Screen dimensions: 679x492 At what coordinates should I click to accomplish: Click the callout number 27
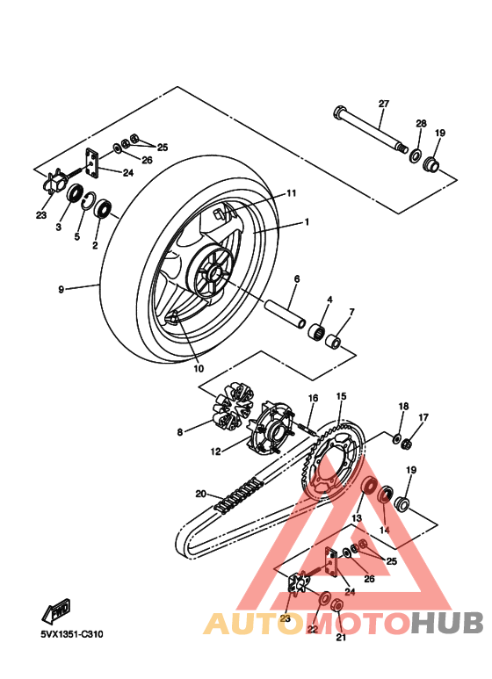[x=383, y=104]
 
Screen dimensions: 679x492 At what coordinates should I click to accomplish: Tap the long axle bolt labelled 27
[x=369, y=129]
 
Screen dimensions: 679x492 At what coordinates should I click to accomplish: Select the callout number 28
[x=420, y=123]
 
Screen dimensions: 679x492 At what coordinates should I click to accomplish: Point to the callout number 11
[x=291, y=193]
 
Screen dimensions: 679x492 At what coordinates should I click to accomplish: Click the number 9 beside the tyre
[x=61, y=288]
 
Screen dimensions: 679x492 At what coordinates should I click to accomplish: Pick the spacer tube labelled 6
[x=286, y=313]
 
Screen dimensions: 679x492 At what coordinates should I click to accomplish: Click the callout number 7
[x=351, y=312]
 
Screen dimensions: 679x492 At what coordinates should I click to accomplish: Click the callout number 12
[x=215, y=452]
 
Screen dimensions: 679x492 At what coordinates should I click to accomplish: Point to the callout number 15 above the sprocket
[x=341, y=396]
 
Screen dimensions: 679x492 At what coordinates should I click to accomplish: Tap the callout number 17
[x=423, y=417]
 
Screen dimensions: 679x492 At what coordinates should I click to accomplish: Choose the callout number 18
[x=403, y=407]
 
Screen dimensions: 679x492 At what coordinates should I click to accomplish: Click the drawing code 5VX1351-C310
[x=71, y=633]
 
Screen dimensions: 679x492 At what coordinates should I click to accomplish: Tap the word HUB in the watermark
[x=447, y=623]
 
